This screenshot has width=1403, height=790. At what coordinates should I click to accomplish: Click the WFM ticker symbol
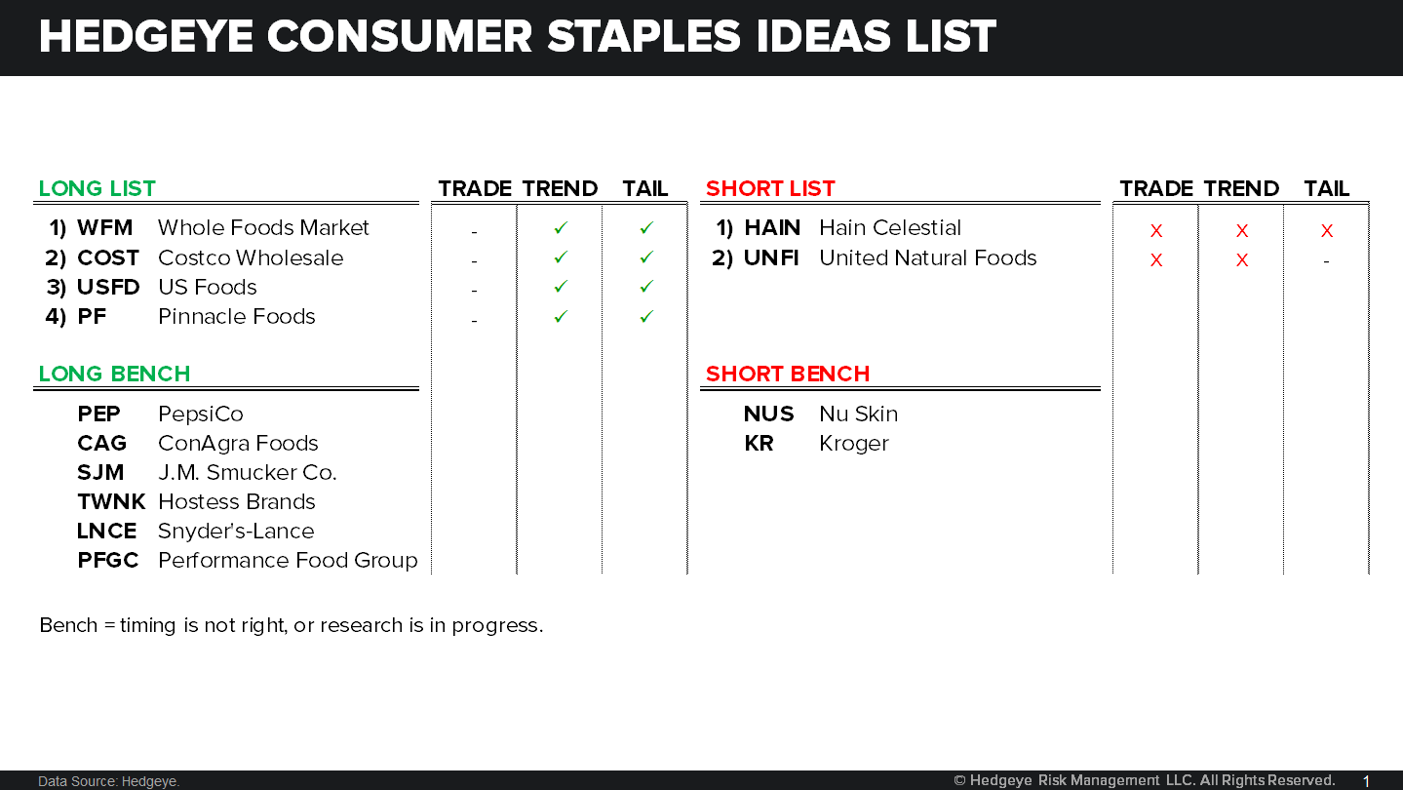coord(104,228)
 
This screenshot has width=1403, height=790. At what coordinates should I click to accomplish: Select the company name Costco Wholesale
coord(251,258)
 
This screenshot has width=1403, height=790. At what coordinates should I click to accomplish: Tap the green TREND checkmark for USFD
coord(560,287)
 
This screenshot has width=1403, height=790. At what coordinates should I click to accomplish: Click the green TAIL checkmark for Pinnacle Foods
coord(645,316)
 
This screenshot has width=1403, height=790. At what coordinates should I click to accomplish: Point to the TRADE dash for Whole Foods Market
coord(474,232)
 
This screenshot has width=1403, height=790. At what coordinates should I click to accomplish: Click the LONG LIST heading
coord(97,189)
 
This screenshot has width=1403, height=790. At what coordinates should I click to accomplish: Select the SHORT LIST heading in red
coord(770,189)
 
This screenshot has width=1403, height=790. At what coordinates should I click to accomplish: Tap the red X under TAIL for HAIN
coord(1326,231)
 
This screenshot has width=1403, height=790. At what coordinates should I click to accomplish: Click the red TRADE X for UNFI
coord(1156,260)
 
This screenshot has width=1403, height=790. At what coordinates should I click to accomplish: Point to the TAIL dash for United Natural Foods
coord(1326,261)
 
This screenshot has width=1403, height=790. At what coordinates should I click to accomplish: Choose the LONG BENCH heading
coord(114,375)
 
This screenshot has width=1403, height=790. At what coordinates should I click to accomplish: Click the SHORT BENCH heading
coord(787,375)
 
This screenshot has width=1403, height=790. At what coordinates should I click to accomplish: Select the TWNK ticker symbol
coord(110,502)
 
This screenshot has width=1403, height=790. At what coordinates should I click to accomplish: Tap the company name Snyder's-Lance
coord(236,532)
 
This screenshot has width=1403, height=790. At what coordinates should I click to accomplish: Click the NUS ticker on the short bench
coord(768,415)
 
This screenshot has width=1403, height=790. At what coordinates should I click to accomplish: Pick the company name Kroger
coord(854,444)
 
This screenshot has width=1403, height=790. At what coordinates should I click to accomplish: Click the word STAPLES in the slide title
coord(643,37)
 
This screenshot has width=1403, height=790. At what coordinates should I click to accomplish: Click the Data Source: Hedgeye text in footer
coord(108,781)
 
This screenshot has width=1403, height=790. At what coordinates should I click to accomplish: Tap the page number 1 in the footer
coord(1366,781)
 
